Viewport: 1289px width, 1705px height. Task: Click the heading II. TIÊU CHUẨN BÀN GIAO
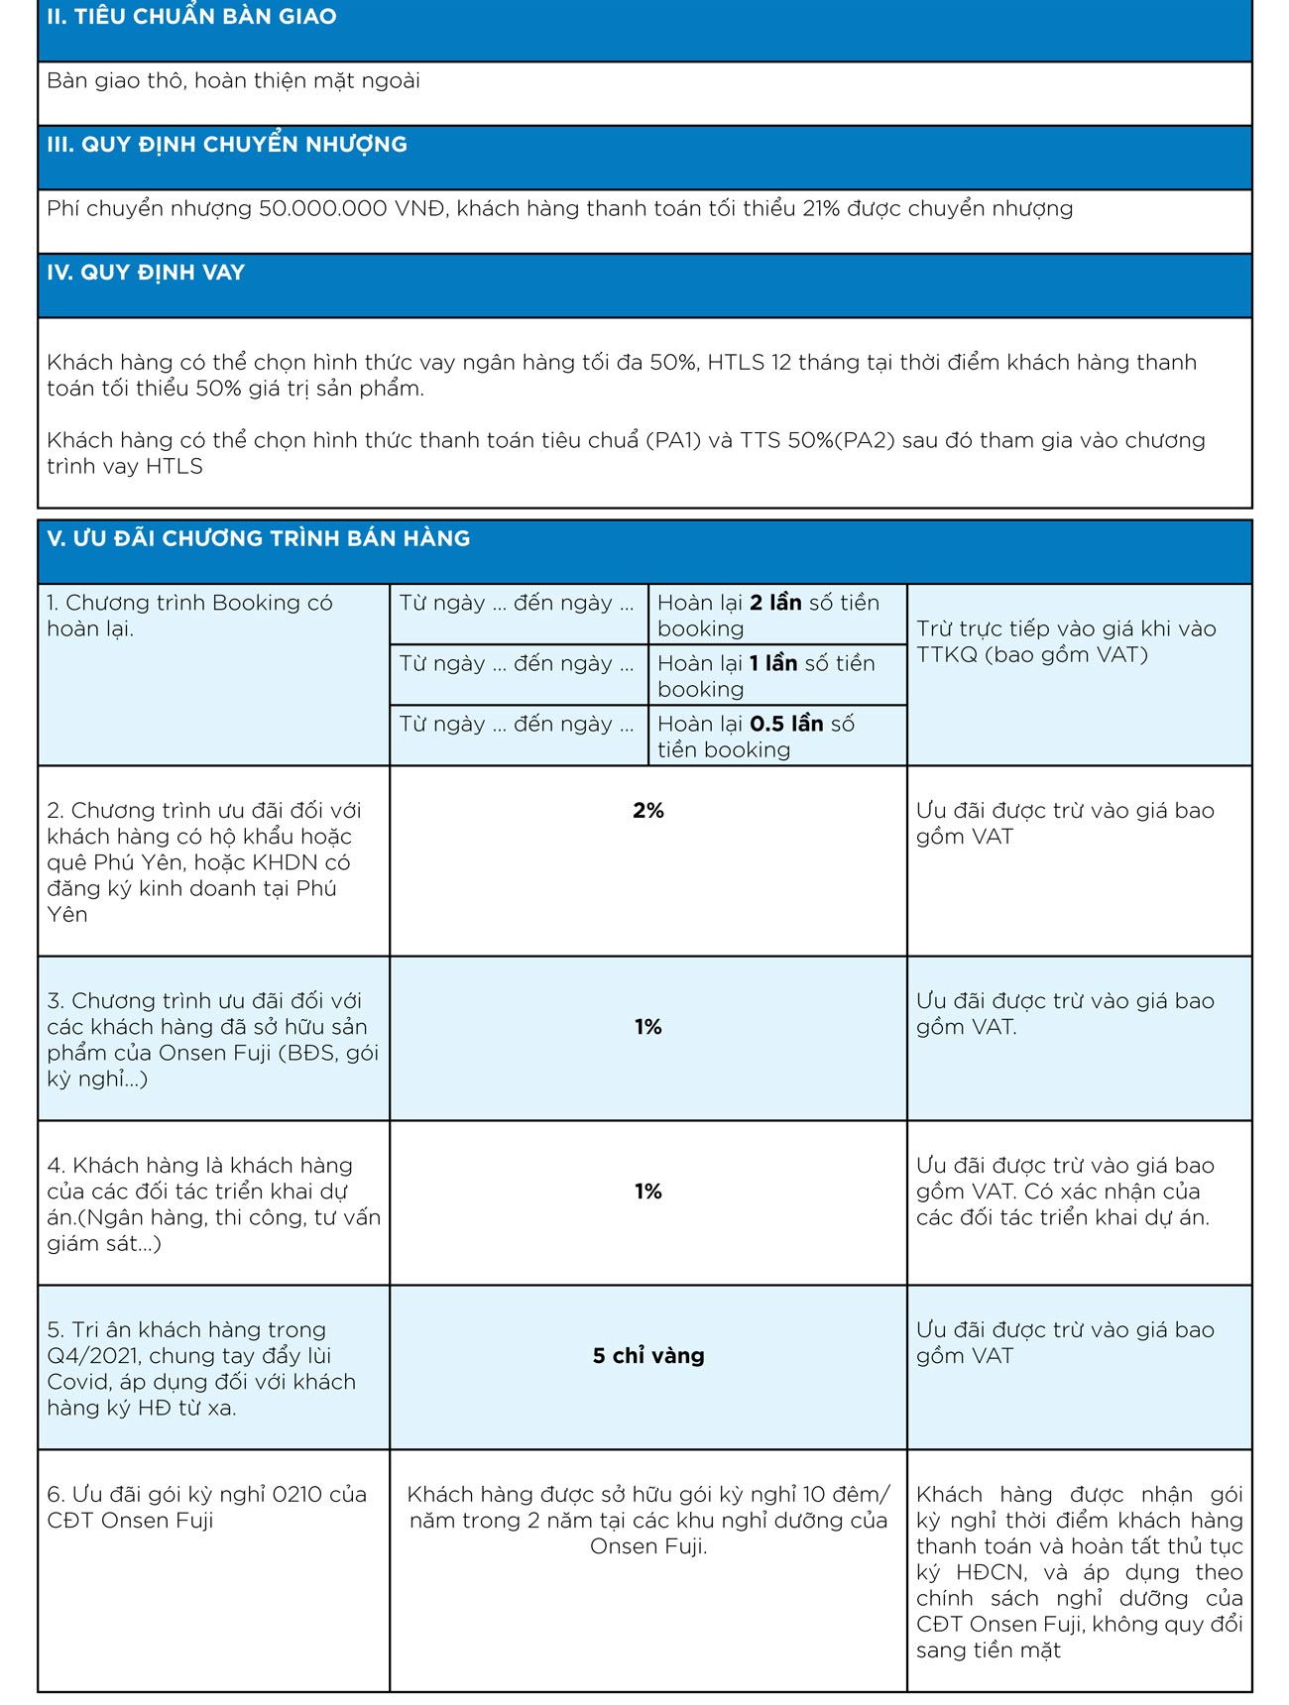pyautogui.click(x=191, y=17)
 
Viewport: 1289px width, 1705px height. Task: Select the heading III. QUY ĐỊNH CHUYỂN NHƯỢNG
pyautogui.click(x=227, y=145)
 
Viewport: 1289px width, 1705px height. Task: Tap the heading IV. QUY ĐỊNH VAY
pyautogui.click(x=146, y=273)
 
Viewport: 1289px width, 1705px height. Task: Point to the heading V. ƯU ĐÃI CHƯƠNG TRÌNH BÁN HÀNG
pyautogui.click(x=259, y=539)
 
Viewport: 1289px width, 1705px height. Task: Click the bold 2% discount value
pyautogui.click(x=648, y=811)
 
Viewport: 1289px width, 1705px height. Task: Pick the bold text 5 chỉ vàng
pyautogui.click(x=648, y=1356)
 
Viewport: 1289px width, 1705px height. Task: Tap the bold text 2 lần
pyautogui.click(x=775, y=603)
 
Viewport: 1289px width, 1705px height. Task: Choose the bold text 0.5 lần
pyautogui.click(x=787, y=724)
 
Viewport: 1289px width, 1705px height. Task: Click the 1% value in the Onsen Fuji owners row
pyautogui.click(x=648, y=1027)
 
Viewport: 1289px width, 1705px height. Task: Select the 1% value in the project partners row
pyautogui.click(x=648, y=1192)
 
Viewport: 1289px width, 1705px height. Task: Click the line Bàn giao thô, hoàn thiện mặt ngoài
pyautogui.click(x=234, y=81)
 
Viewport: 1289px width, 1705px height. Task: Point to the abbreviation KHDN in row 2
pyautogui.click(x=288, y=862)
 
